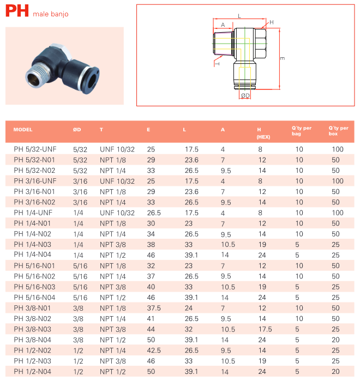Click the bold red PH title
pos(17,12)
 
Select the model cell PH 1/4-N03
pos(33,244)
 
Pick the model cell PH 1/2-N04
pos(33,372)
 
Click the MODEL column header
pos(23,130)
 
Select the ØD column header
pos(77,130)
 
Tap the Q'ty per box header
pos(338,130)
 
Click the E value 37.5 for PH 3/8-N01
pos(154,308)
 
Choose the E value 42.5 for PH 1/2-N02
pos(154,350)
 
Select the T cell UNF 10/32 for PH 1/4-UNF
pos(117,213)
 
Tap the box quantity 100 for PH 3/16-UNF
pos(338,180)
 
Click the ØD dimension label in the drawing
pos(245,96)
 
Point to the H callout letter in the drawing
pos(271,22)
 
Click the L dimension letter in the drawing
pos(239,16)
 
